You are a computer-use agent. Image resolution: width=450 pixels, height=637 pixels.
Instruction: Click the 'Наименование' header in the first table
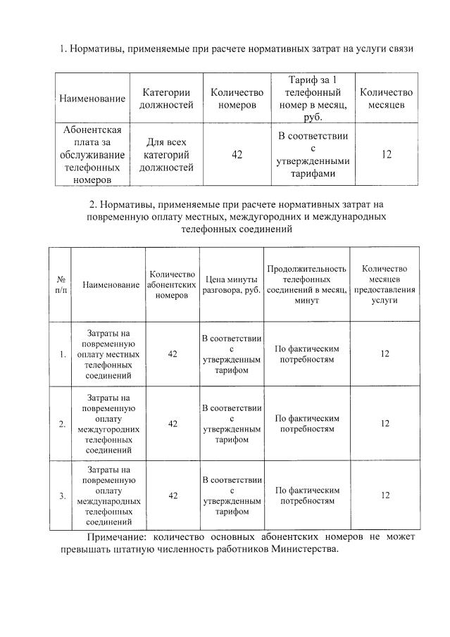click(x=93, y=99)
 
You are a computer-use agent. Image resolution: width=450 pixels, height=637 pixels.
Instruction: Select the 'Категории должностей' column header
click(x=166, y=99)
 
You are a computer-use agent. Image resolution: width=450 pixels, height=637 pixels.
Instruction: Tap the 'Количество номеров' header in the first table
click(x=237, y=99)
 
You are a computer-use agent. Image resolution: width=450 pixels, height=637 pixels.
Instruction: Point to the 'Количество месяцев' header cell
click(x=386, y=99)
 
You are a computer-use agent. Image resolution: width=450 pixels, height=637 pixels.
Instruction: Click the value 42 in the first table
click(x=237, y=154)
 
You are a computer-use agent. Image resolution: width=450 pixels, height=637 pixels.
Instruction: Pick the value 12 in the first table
click(x=386, y=154)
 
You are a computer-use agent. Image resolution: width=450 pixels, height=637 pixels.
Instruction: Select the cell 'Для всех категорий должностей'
click(x=166, y=155)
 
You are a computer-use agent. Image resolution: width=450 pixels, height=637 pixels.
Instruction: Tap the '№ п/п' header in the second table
click(x=61, y=285)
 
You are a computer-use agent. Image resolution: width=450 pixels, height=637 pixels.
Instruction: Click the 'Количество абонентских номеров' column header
click(x=172, y=284)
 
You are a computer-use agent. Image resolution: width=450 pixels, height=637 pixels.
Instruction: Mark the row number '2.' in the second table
click(x=62, y=424)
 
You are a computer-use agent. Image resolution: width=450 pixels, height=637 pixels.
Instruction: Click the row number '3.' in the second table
click(x=62, y=496)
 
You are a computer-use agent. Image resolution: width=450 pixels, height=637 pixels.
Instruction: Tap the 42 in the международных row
click(x=173, y=496)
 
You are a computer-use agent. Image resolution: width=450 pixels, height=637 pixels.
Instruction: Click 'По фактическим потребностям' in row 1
click(x=307, y=354)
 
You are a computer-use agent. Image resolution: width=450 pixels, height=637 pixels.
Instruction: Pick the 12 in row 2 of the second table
click(x=385, y=424)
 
